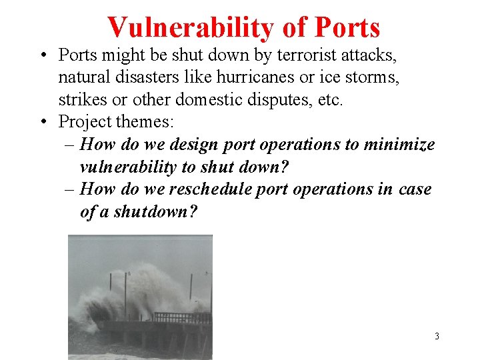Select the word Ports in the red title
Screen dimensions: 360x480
[347, 28]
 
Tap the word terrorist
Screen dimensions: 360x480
[294, 54]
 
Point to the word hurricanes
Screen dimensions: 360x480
[255, 77]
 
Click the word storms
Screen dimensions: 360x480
[373, 77]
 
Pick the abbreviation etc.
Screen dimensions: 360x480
[331, 101]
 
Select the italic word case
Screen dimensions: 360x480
[415, 189]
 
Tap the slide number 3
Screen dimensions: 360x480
[437, 336]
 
